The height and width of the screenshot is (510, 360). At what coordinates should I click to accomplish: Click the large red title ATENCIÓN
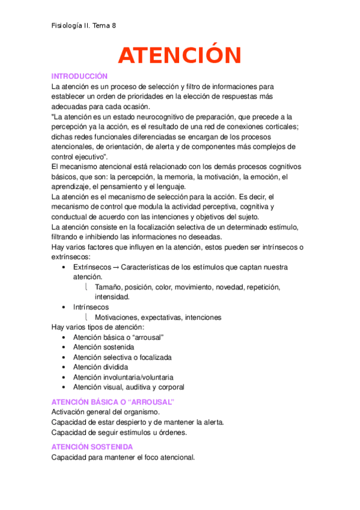(180, 55)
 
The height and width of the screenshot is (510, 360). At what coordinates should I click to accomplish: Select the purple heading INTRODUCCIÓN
(79, 76)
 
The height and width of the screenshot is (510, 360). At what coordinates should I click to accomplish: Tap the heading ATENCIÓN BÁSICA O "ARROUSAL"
(112, 402)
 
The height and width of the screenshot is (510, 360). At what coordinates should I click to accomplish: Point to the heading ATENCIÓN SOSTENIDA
(92, 447)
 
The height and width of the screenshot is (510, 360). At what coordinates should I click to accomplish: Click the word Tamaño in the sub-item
(108, 287)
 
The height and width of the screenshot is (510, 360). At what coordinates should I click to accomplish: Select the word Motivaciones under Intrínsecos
(118, 318)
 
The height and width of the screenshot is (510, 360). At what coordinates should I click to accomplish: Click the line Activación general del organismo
(106, 412)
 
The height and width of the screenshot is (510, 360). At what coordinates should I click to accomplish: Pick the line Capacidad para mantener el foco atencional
(123, 458)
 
